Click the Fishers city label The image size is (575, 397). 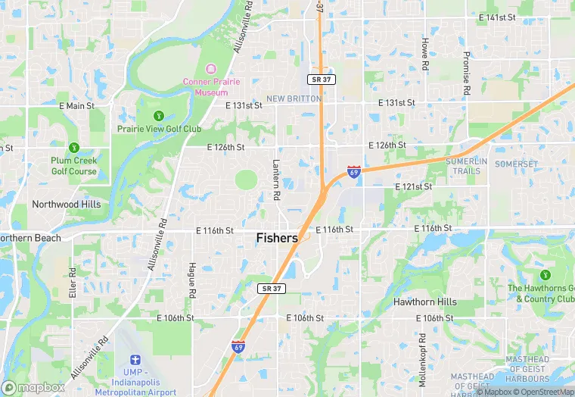point(277,238)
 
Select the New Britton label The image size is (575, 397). point(294,98)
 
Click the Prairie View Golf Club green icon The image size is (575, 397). point(159,115)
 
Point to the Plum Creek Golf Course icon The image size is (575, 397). point(73,147)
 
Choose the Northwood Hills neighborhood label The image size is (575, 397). point(66,205)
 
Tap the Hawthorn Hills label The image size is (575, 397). point(424,302)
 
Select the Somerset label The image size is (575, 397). point(516,164)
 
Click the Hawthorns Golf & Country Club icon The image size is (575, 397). point(545,274)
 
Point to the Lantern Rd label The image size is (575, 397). point(276,180)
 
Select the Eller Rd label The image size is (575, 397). point(73,281)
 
